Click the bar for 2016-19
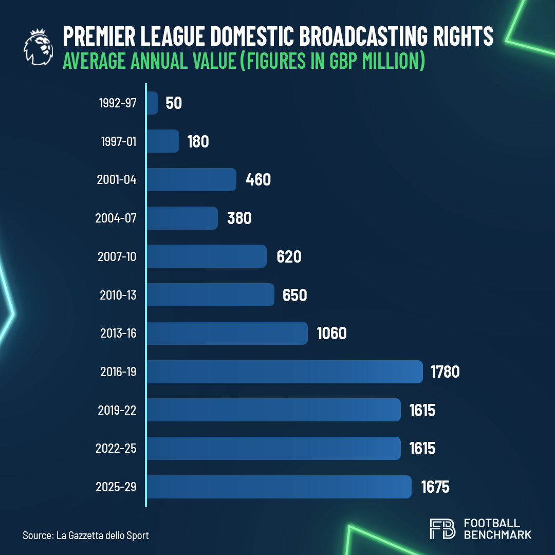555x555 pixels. pos(285,372)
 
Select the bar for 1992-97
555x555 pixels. pos(153,103)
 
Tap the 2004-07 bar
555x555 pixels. pos(182,218)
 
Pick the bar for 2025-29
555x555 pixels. pos(279,487)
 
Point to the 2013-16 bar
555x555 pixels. pos(227,334)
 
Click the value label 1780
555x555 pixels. pos(446,372)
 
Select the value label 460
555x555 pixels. pos(258,180)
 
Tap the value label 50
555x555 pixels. pos(174,103)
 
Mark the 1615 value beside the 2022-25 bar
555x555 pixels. pos(422,449)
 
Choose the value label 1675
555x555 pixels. pos(435,487)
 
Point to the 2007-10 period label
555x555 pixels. pos(117,256)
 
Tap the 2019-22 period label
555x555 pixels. pos(117,410)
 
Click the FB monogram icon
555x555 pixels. pos(442,529)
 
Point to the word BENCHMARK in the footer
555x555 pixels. pos(497,534)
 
